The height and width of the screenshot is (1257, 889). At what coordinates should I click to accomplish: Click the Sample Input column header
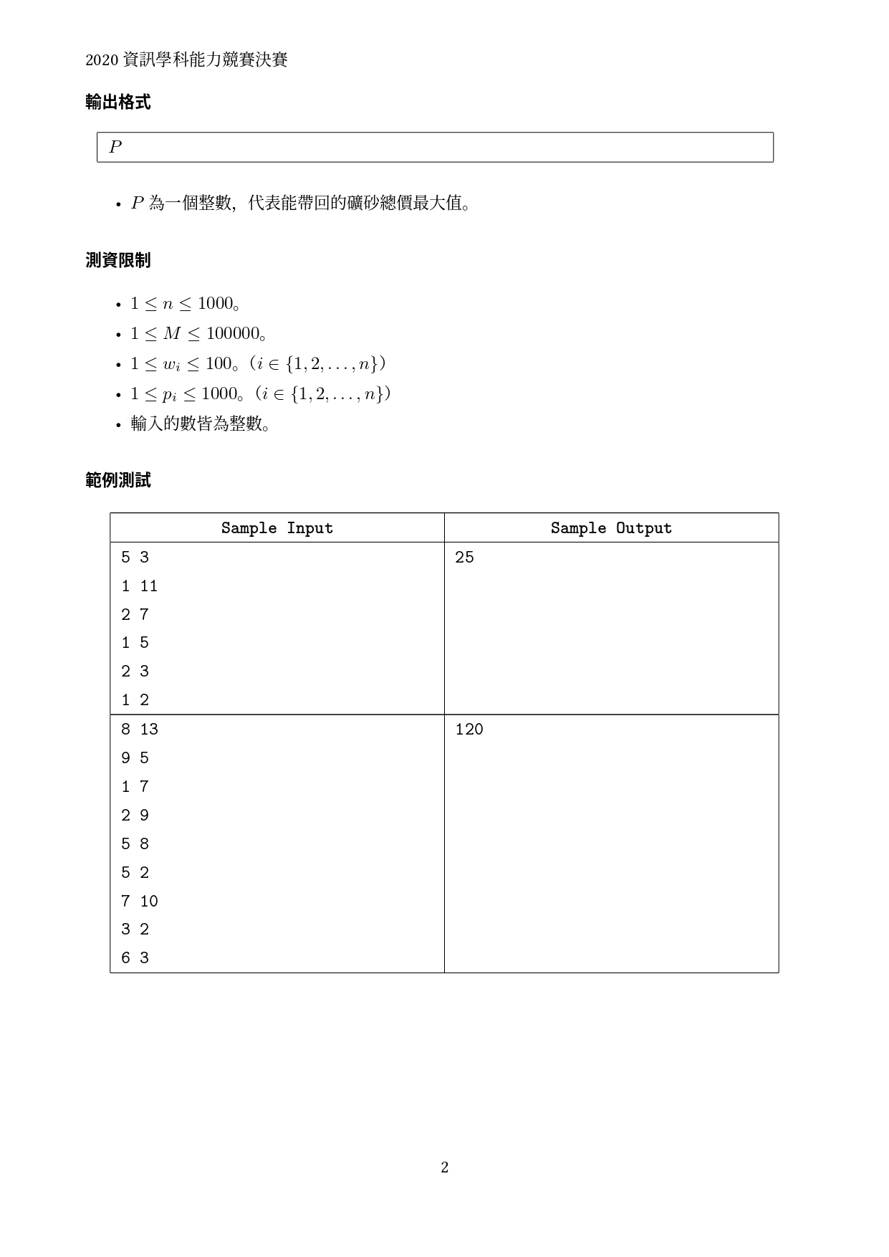(x=277, y=528)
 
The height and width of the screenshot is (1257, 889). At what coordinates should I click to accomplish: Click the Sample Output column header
(x=611, y=528)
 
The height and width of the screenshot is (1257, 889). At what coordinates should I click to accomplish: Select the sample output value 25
(x=464, y=558)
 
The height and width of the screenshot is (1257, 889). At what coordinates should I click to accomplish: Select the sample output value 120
(x=469, y=730)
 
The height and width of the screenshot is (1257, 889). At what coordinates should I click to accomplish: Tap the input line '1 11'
(x=139, y=586)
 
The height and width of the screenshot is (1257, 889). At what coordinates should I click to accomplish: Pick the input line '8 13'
(x=139, y=730)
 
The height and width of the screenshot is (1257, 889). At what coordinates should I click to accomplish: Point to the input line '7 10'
(x=139, y=901)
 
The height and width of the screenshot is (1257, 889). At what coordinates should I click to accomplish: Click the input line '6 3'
(x=135, y=958)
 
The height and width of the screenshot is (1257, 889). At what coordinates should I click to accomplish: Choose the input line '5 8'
(x=135, y=844)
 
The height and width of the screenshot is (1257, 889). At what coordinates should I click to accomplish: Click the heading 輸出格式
(x=117, y=102)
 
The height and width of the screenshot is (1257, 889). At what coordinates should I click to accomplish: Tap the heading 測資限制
(x=117, y=260)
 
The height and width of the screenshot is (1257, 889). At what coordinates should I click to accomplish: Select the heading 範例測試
(x=117, y=480)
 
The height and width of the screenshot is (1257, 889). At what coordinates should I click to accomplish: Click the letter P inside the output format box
(x=115, y=147)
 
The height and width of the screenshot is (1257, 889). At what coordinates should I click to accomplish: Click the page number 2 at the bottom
(x=444, y=1167)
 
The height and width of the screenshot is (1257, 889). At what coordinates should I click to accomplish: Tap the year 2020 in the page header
(x=101, y=60)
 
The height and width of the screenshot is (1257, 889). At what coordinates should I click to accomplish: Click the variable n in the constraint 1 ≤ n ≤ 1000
(x=167, y=304)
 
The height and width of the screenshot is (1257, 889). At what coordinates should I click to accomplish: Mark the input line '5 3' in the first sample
(x=135, y=558)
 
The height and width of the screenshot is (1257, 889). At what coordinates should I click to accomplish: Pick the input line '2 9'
(x=135, y=816)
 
